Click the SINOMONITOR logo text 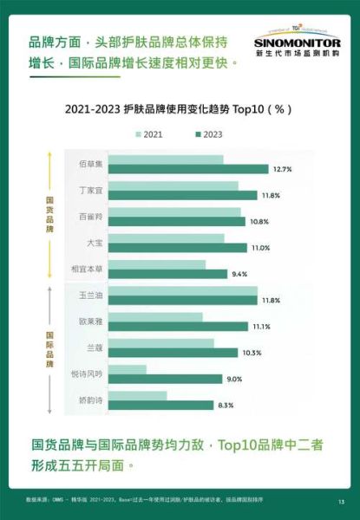[x=297, y=41]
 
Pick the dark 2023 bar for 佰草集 [x=189, y=169]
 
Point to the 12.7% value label [x=282, y=169]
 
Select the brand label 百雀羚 [x=91, y=216]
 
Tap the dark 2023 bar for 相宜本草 [x=167, y=274]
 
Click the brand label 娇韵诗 [x=91, y=400]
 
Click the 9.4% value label [x=240, y=274]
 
